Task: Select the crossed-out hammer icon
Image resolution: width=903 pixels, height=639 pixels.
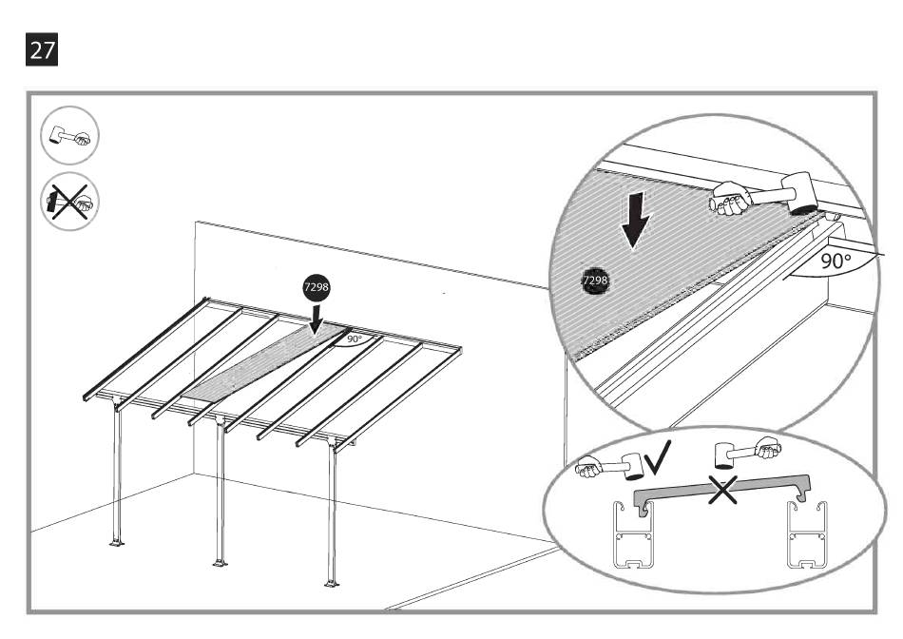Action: click(69, 202)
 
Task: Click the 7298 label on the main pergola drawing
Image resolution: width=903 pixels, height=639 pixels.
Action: click(317, 285)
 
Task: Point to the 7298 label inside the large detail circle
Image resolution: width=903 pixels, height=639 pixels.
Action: click(595, 281)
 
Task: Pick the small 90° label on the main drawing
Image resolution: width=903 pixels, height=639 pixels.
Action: click(354, 339)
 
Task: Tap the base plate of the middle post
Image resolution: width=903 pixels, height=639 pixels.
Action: click(221, 562)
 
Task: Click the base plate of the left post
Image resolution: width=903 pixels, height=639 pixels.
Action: click(117, 543)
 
